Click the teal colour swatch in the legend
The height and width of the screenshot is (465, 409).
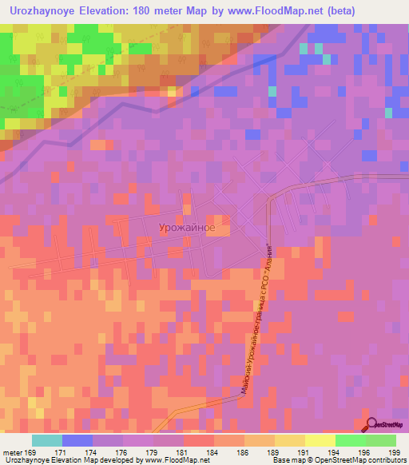47,440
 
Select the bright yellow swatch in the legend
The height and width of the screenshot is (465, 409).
320,440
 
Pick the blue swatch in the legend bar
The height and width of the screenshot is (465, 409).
77,440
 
